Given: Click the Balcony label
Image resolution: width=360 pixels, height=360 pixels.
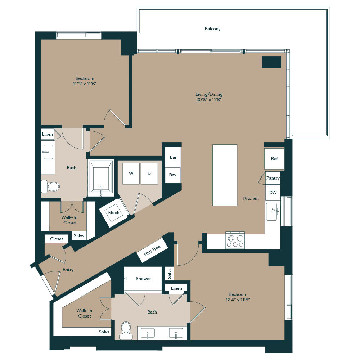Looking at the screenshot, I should tap(212, 29).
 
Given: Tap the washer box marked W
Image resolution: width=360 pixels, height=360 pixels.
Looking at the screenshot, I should tap(131, 174).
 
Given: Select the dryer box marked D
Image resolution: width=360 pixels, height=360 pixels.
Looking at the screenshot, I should tap(149, 174).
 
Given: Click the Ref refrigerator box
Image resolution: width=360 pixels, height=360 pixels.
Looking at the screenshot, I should tap(274, 159).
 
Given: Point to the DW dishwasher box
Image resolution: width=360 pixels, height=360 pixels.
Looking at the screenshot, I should tap(273, 193).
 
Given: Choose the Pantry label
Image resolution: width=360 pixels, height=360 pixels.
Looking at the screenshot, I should tap(273, 178).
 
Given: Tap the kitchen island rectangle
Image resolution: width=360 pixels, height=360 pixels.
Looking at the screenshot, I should tap(225, 175).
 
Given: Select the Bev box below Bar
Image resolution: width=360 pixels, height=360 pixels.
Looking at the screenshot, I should tap(173, 175).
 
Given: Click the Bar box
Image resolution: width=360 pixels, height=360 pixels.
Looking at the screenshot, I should tap(173, 157).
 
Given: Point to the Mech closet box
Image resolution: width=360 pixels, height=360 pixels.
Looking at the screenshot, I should tap(114, 213).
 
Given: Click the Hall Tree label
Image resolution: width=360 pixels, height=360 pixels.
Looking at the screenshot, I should tap(152, 250).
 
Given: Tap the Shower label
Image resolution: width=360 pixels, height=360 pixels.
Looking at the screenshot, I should tap(143, 279).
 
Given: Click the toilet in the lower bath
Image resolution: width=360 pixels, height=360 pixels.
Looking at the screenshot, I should tap(126, 329).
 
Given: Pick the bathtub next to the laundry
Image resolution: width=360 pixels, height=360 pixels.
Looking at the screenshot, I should tap(101, 178).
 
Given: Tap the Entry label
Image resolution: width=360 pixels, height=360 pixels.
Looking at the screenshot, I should tap(68, 270).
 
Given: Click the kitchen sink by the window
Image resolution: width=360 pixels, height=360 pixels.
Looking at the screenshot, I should tap(273, 211).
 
